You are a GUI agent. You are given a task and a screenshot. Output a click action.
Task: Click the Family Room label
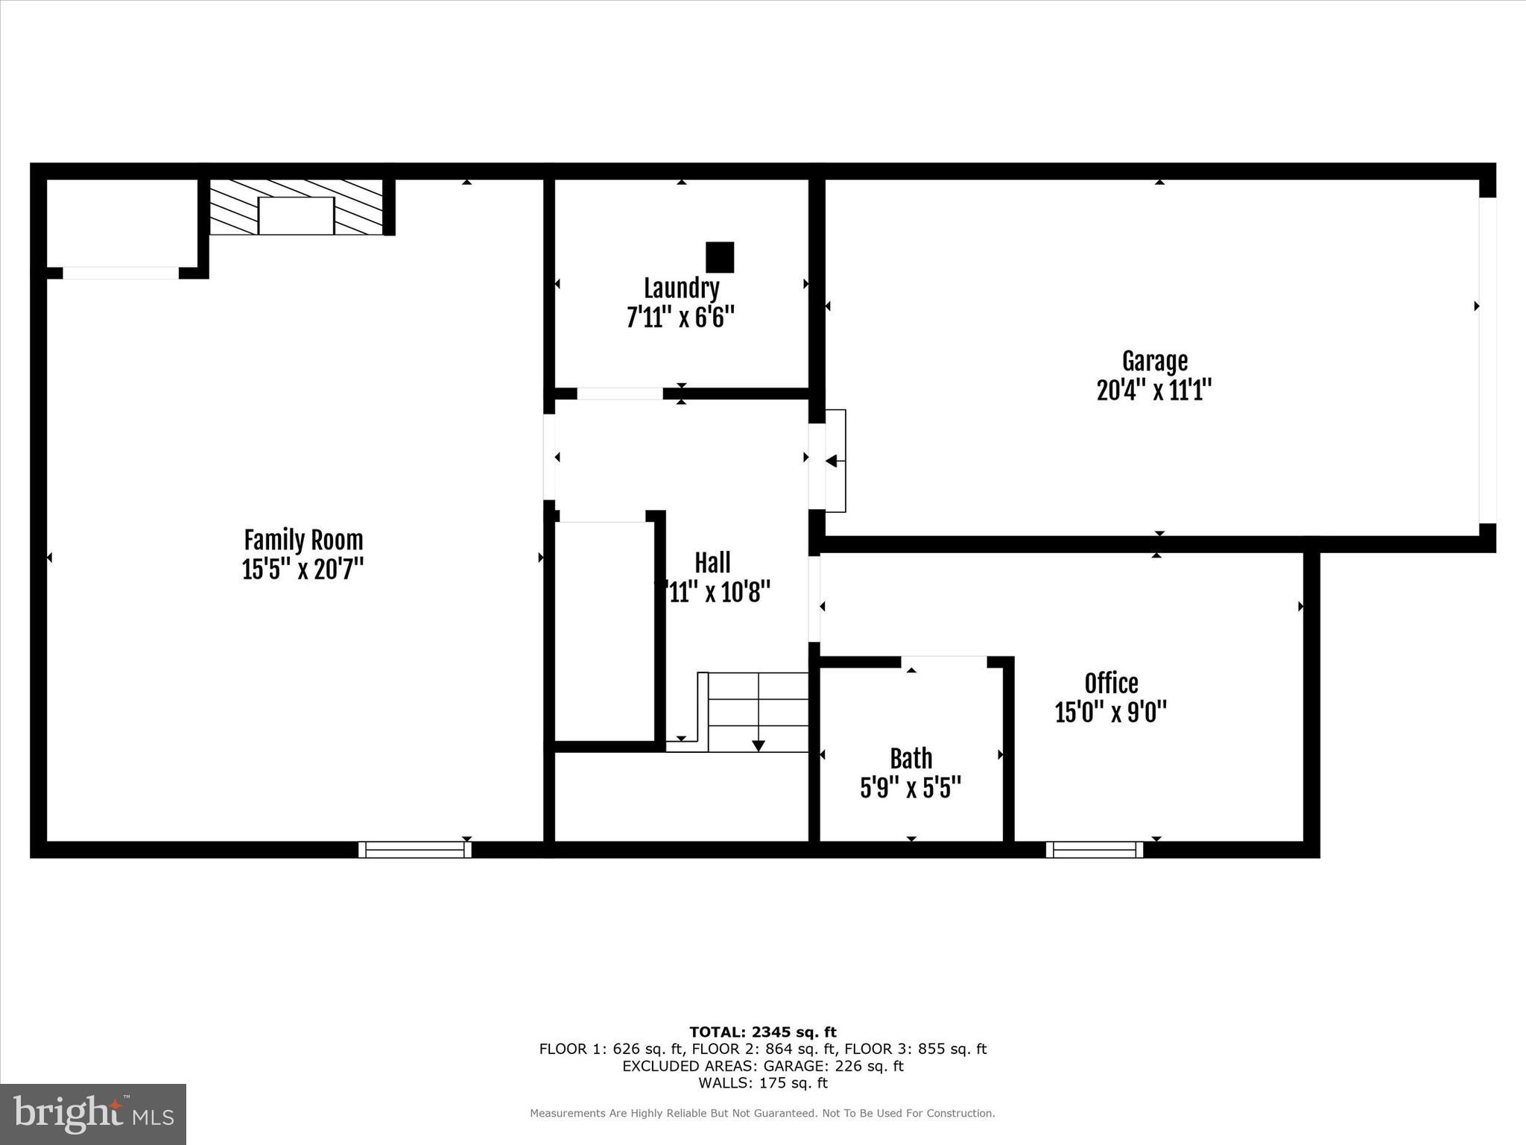pyautogui.click(x=303, y=540)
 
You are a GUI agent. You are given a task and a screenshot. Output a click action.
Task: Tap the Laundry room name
pyautogui.click(x=681, y=288)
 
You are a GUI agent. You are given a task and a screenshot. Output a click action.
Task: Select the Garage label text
pyautogui.click(x=1154, y=362)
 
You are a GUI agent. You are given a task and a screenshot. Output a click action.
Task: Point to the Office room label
pyautogui.click(x=1111, y=683)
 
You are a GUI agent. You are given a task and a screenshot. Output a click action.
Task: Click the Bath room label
pyautogui.click(x=911, y=758)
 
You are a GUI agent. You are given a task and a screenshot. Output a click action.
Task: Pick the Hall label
pyautogui.click(x=712, y=563)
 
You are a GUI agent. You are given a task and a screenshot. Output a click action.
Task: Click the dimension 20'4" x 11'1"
pyautogui.click(x=1154, y=390)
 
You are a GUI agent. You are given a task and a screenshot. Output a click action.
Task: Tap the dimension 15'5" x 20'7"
pyautogui.click(x=303, y=570)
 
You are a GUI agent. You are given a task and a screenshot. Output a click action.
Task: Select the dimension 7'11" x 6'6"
pyautogui.click(x=681, y=318)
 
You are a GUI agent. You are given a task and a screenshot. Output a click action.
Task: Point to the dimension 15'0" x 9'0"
pyautogui.click(x=1110, y=712)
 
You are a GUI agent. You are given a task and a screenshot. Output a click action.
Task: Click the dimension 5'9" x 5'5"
pyautogui.click(x=911, y=788)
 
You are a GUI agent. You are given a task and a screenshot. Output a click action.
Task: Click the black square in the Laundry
pyautogui.click(x=720, y=257)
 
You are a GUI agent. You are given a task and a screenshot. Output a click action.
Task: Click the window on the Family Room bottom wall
pyautogui.click(x=415, y=850)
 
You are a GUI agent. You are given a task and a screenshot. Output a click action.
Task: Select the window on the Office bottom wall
pyautogui.click(x=1095, y=850)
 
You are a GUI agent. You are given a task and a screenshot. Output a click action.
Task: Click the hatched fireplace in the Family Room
pyautogui.click(x=296, y=208)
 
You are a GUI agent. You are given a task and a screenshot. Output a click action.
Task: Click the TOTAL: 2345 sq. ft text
pyautogui.click(x=762, y=1032)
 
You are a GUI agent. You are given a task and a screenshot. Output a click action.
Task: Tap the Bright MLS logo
pyautogui.click(x=93, y=1114)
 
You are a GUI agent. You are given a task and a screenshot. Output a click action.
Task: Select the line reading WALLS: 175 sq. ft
pyautogui.click(x=762, y=1083)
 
